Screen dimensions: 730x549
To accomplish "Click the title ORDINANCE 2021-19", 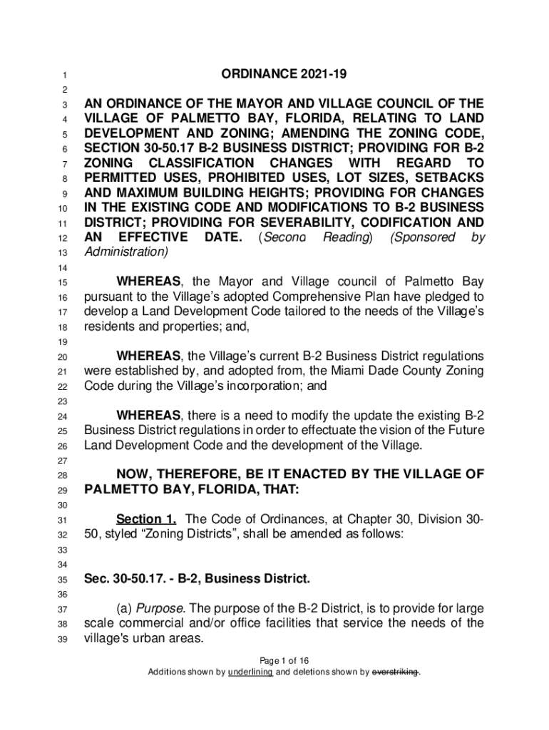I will tap(284, 75).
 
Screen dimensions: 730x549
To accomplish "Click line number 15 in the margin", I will tap(63, 283).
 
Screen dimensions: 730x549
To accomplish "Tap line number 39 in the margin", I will tap(63, 639).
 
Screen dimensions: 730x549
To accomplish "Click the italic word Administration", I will tap(125, 252).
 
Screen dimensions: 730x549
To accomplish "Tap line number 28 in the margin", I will tap(63, 475).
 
